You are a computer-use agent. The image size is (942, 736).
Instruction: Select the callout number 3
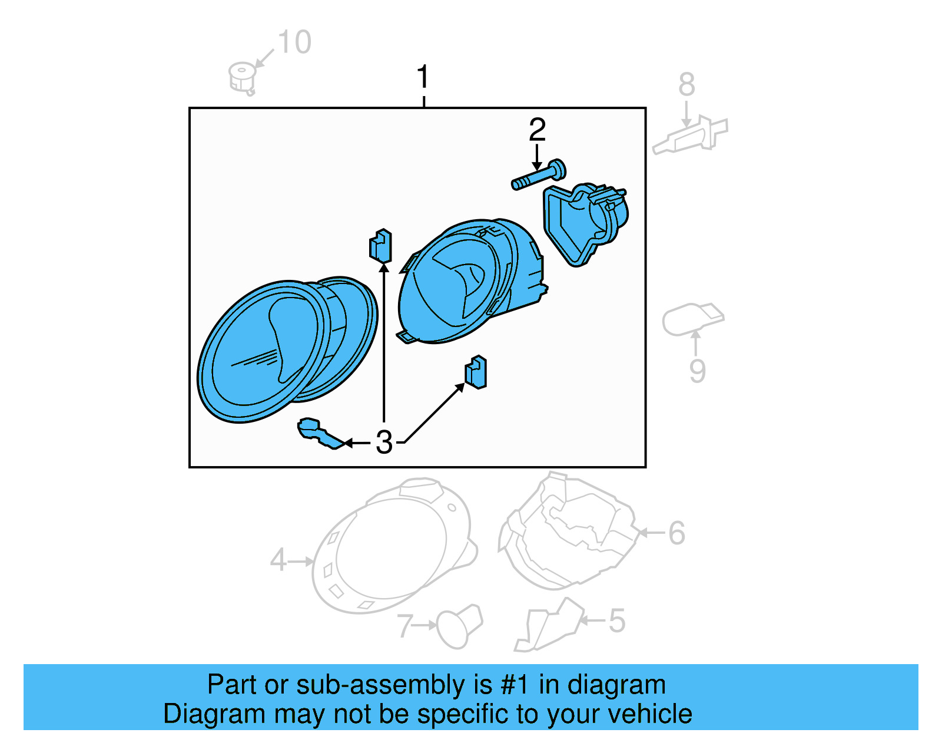tap(384, 443)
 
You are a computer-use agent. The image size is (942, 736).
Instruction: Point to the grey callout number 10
tap(294, 42)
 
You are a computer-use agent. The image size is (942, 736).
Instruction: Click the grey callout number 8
tap(686, 85)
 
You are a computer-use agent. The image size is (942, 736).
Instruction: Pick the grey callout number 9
tap(698, 371)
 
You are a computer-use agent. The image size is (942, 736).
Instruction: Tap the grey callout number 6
tap(676, 533)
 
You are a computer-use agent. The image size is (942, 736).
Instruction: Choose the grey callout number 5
tap(618, 621)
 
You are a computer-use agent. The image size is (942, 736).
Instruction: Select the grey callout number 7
tap(405, 626)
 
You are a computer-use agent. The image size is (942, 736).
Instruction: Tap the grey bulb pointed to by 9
tap(692, 319)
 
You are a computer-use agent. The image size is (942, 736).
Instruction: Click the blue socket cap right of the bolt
tap(586, 225)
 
